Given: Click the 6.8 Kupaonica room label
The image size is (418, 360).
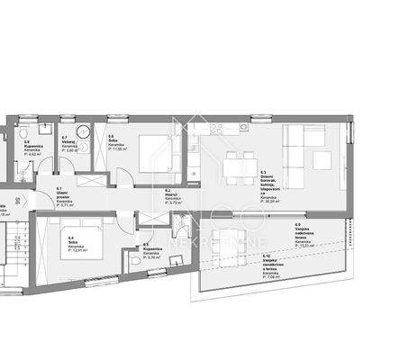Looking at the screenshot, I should pyautogui.click(x=32, y=148).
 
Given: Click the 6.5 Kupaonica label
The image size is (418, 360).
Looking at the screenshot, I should pyautogui.click(x=154, y=249).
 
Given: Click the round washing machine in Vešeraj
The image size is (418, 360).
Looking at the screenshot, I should pyautogui.click(x=83, y=131).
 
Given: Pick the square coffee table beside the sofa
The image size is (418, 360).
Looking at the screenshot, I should pyautogui.click(x=323, y=162).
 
